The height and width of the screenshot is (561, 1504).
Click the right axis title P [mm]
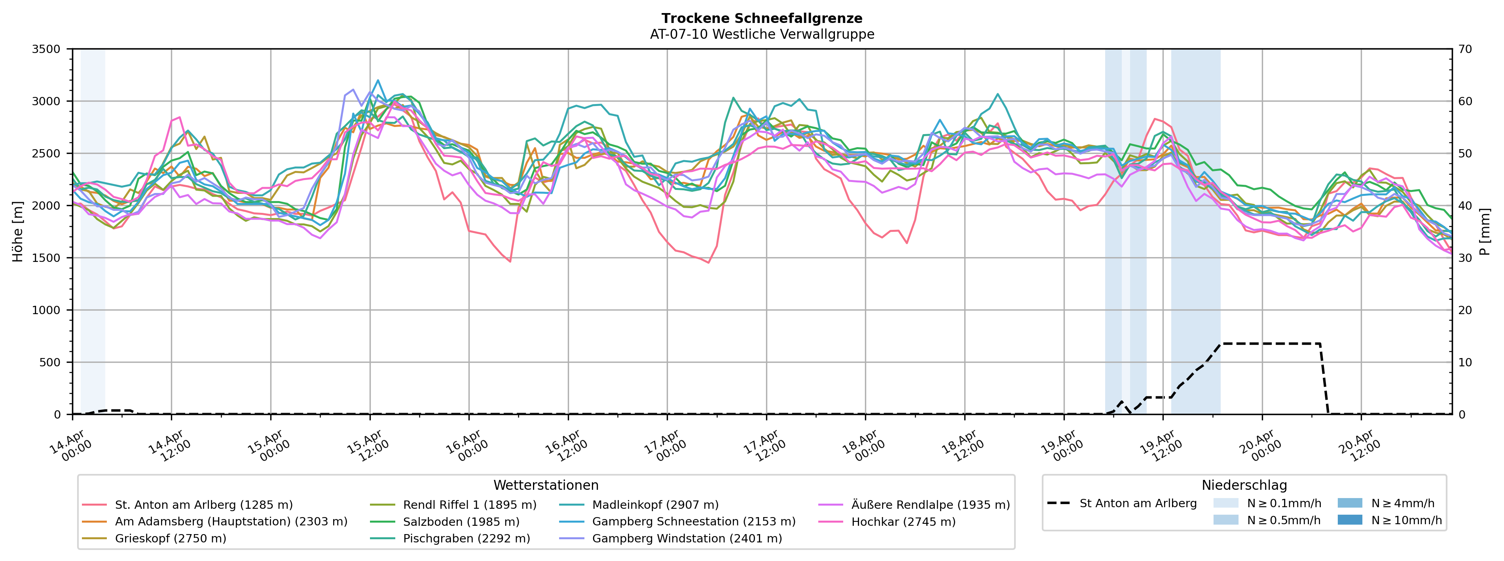coord(1485,232)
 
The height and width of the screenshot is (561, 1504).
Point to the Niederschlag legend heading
coord(1244,485)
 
